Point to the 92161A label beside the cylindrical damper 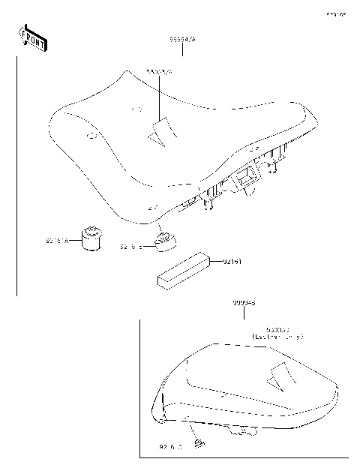57,241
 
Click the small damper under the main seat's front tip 165,238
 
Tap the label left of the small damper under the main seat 130,246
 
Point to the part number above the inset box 243,304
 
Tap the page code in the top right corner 334,13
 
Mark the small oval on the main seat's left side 92,136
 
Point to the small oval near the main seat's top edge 136,108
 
